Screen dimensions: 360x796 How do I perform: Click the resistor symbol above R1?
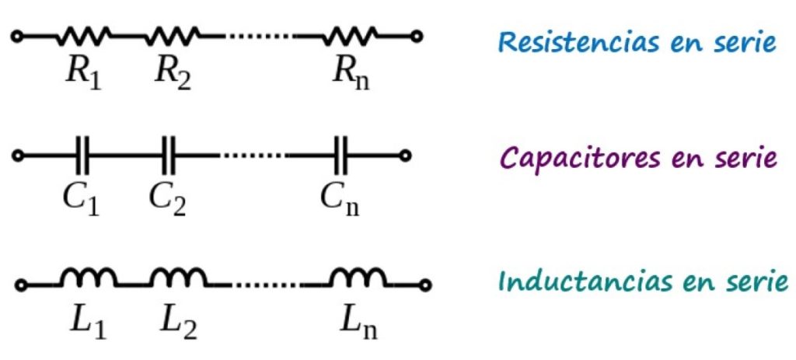click(84, 34)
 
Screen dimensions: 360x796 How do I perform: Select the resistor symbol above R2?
click(173, 34)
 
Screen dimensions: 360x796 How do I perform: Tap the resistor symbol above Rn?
click(351, 34)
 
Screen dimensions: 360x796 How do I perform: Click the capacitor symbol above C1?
click(84, 156)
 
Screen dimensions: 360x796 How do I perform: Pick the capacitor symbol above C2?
click(169, 156)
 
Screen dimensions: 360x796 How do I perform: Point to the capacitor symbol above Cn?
click(342, 156)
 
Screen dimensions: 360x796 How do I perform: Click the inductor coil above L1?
click(89, 278)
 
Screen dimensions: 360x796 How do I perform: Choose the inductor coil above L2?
click(177, 278)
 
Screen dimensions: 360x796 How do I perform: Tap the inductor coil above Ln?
click(357, 278)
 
